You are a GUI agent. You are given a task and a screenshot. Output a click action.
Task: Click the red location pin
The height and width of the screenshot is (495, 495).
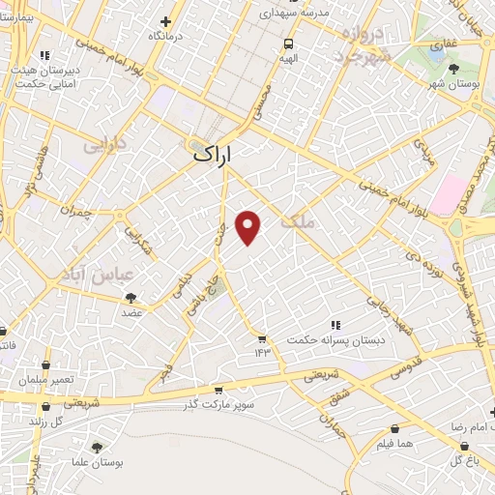(x=248, y=227)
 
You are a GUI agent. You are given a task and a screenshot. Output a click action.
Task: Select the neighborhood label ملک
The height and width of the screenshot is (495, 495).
(x=297, y=222)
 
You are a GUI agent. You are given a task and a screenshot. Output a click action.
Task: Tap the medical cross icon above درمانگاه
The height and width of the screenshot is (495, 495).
(x=166, y=21)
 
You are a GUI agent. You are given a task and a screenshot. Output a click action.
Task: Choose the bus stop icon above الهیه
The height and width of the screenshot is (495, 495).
(x=288, y=43)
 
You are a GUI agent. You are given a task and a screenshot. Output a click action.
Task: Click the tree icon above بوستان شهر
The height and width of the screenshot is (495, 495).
(x=454, y=68)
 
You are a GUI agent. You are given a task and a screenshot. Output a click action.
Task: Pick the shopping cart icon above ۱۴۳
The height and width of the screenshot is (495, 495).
(x=261, y=337)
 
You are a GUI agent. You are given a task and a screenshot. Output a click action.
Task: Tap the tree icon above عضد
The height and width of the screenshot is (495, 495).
(x=131, y=299)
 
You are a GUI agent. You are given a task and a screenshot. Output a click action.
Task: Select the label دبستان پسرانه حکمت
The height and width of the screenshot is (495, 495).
(x=335, y=340)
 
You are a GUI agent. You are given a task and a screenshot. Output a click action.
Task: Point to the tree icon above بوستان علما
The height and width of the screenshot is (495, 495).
(x=96, y=447)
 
